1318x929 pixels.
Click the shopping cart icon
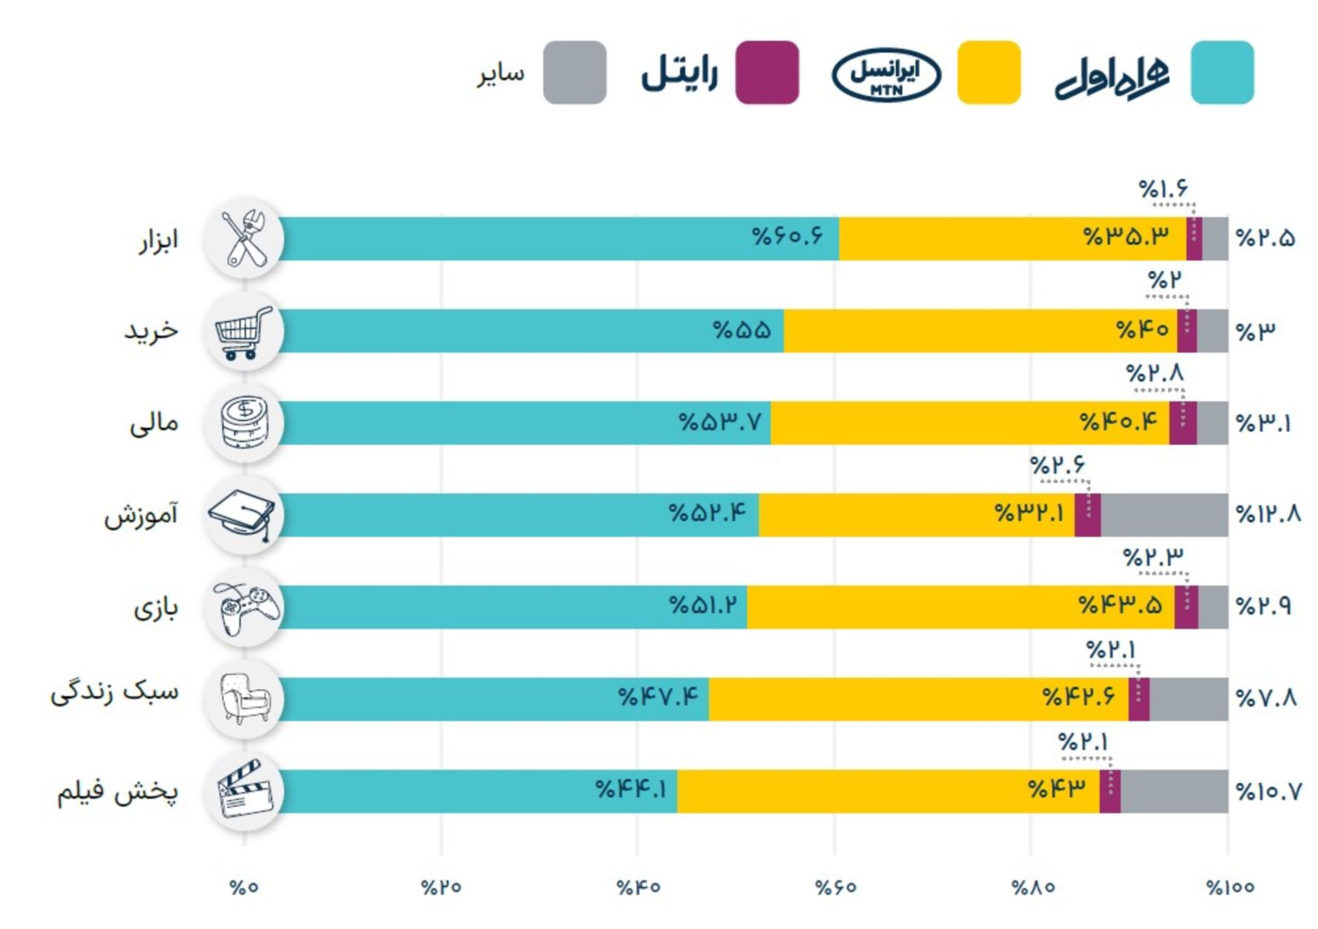click(x=244, y=332)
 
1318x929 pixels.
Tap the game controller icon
click(x=245, y=608)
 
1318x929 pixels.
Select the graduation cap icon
click(x=244, y=515)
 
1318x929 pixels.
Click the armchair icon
click(x=245, y=698)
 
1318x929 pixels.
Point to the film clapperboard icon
click(x=244, y=790)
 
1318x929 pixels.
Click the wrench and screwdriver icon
click(x=245, y=238)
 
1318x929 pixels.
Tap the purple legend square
click(x=767, y=73)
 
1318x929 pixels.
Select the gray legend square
click(x=575, y=73)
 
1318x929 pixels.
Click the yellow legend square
click(x=988, y=73)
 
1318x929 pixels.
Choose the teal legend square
click(x=1222, y=73)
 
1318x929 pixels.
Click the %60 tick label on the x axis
click(x=835, y=887)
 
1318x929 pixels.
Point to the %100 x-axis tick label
click(x=1230, y=887)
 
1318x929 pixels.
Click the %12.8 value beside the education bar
click(x=1268, y=514)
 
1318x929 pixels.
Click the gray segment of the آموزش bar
click(x=1164, y=515)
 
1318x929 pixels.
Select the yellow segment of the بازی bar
click(x=961, y=607)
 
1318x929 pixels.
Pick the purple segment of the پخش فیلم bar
click(x=1110, y=791)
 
